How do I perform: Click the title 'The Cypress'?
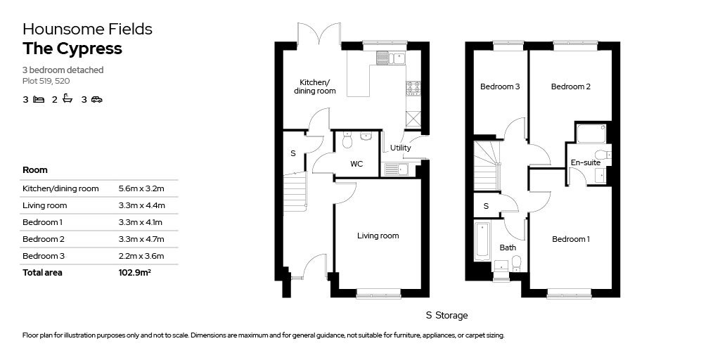pos(72,49)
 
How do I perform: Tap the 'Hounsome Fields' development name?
pos(87,29)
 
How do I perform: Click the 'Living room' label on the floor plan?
pos(378,236)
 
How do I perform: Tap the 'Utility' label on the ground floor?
pos(401,148)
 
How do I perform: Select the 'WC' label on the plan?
pos(356,164)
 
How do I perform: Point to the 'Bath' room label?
pos(508,247)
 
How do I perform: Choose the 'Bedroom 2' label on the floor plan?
pos(570,86)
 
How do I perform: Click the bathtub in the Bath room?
pos(482,240)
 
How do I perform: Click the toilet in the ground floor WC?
pos(347,141)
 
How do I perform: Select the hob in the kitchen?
pos(413,88)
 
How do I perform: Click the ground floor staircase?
pos(295,192)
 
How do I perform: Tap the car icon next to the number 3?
pos(96,100)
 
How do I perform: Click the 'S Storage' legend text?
pos(446,316)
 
